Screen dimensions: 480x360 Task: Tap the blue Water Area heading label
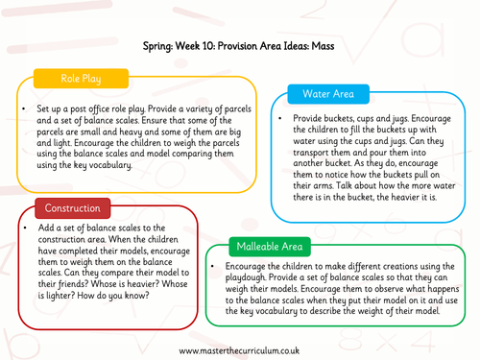pos(328,94)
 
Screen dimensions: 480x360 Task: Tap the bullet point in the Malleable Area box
pos(213,266)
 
